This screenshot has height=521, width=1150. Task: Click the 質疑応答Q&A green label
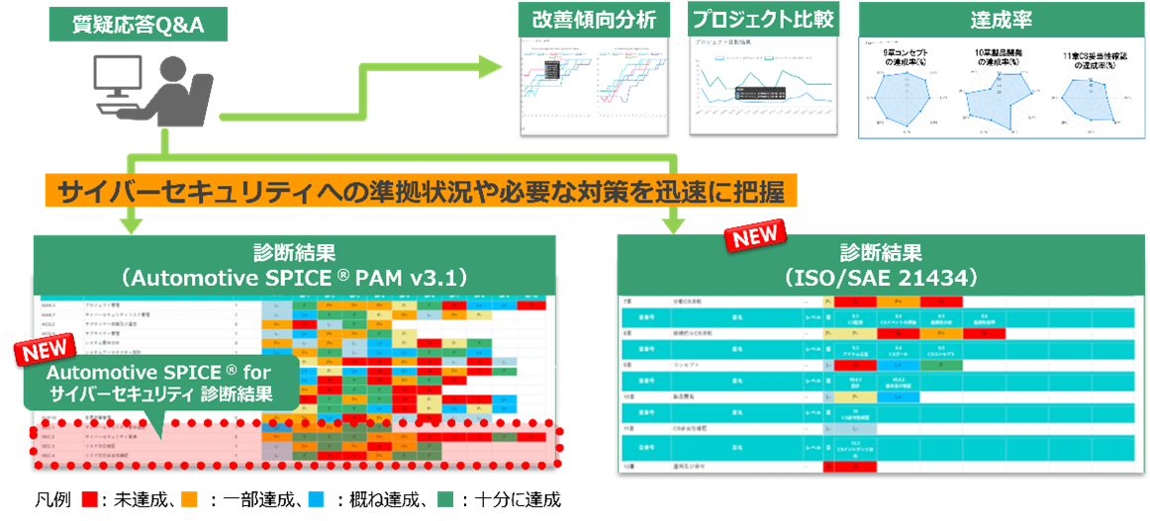pyautogui.click(x=138, y=24)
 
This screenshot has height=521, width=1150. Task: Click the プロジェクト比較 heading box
pyautogui.click(x=761, y=20)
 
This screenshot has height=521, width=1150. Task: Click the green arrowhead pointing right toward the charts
pyautogui.click(x=490, y=66)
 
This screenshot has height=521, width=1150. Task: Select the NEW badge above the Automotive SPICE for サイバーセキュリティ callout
pyautogui.click(x=46, y=350)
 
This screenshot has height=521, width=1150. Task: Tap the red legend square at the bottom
pyautogui.click(x=89, y=498)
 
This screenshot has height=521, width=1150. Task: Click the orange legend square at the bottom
pyautogui.click(x=189, y=498)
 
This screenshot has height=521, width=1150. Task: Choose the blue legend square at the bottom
pyautogui.click(x=316, y=498)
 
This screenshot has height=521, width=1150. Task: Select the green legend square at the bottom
pyautogui.click(x=444, y=498)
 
